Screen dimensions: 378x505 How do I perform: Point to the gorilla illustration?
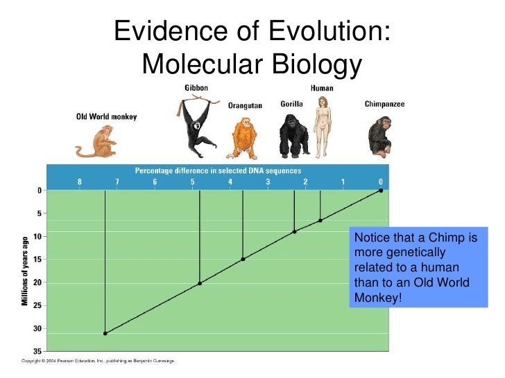(294, 135)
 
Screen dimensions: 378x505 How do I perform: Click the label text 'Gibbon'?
(196, 88)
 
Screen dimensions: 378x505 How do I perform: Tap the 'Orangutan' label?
(245, 106)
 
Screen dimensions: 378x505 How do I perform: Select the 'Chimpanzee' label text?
(384, 105)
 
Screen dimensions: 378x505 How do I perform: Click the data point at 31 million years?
(105, 333)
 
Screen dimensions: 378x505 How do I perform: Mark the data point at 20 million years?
(200, 283)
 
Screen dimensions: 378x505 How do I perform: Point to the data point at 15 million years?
(243, 259)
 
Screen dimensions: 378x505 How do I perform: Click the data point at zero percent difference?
(380, 190)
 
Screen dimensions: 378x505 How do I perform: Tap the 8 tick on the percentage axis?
(79, 182)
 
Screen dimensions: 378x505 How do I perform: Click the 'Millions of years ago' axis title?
(25, 271)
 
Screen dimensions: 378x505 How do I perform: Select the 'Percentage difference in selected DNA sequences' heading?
(218, 170)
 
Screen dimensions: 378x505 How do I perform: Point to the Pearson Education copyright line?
(97, 361)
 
